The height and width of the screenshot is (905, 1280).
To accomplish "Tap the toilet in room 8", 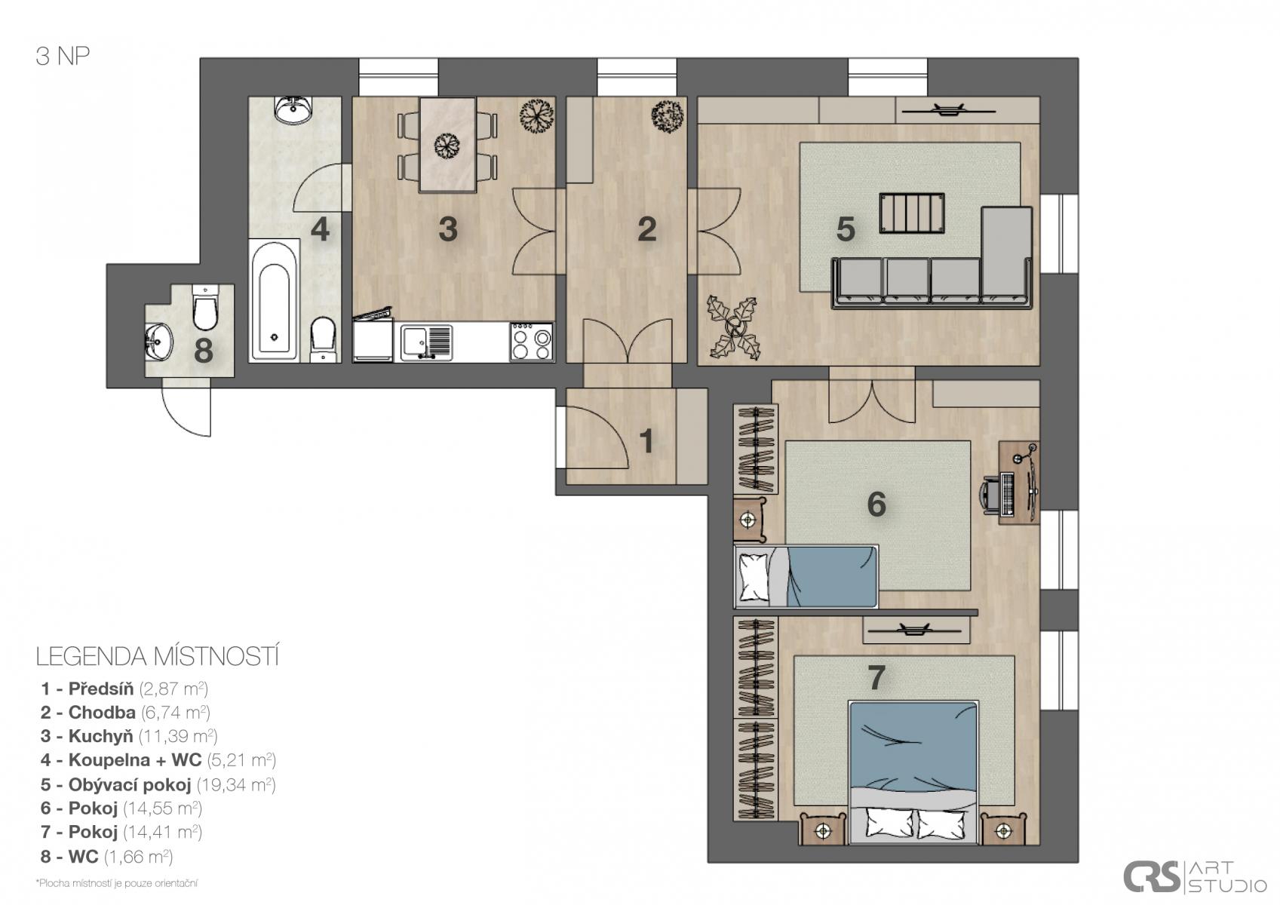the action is [204, 308].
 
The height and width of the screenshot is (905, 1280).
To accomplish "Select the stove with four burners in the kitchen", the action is [532, 342].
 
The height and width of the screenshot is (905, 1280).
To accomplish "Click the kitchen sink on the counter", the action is [426, 342].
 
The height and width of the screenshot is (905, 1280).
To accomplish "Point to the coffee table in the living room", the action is [912, 213].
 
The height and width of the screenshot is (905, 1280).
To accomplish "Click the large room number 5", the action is [845, 229].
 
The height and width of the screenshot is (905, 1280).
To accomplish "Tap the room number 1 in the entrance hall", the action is [646, 440].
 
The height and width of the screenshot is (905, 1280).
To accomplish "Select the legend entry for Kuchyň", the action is [129, 736].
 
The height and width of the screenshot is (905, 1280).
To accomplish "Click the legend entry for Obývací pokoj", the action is [158, 784].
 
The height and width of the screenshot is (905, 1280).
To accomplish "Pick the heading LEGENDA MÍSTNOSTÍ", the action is [158, 657].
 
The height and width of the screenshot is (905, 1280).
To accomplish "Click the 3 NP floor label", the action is [63, 57].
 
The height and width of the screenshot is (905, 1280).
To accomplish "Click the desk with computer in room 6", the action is [1018, 483].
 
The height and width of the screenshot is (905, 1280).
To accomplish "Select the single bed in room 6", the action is [806, 576].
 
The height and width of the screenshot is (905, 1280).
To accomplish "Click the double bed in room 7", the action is [913, 772].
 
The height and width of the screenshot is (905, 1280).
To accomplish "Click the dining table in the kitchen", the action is [447, 145].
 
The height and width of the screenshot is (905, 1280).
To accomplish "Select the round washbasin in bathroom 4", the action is [293, 109].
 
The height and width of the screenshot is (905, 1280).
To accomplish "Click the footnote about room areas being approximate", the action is [117, 883].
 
